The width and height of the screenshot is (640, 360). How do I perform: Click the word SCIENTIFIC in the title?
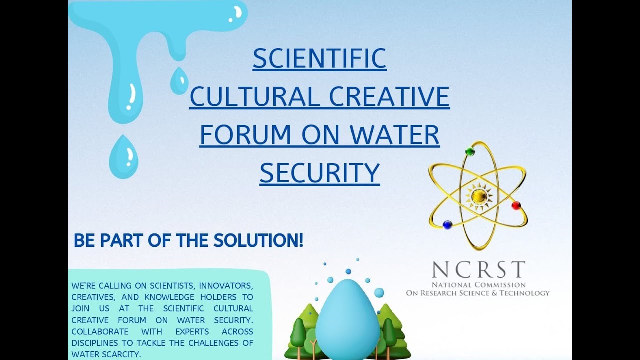tap(319, 58)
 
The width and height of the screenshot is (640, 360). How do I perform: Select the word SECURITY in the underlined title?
tap(319, 173)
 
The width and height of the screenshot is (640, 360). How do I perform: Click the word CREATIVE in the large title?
tap(388, 97)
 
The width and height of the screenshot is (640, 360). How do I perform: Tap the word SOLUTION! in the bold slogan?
tap(258, 241)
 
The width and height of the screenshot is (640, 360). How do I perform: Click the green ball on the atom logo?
tap(470, 151)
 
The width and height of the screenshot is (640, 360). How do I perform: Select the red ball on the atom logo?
tap(516, 205)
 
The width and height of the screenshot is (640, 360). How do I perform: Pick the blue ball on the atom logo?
tap(447, 224)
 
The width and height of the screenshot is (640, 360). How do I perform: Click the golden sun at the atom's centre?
tap(478, 196)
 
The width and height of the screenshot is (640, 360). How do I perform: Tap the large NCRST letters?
tap(478, 270)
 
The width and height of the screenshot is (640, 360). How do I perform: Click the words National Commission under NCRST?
tap(479, 284)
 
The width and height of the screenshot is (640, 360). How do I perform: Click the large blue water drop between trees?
tap(348, 320)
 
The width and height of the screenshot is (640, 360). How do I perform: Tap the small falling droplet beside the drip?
tap(179, 81)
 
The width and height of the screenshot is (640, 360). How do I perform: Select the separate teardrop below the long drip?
tap(123, 156)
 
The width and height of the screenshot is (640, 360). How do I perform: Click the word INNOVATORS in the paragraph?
tap(226, 286)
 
